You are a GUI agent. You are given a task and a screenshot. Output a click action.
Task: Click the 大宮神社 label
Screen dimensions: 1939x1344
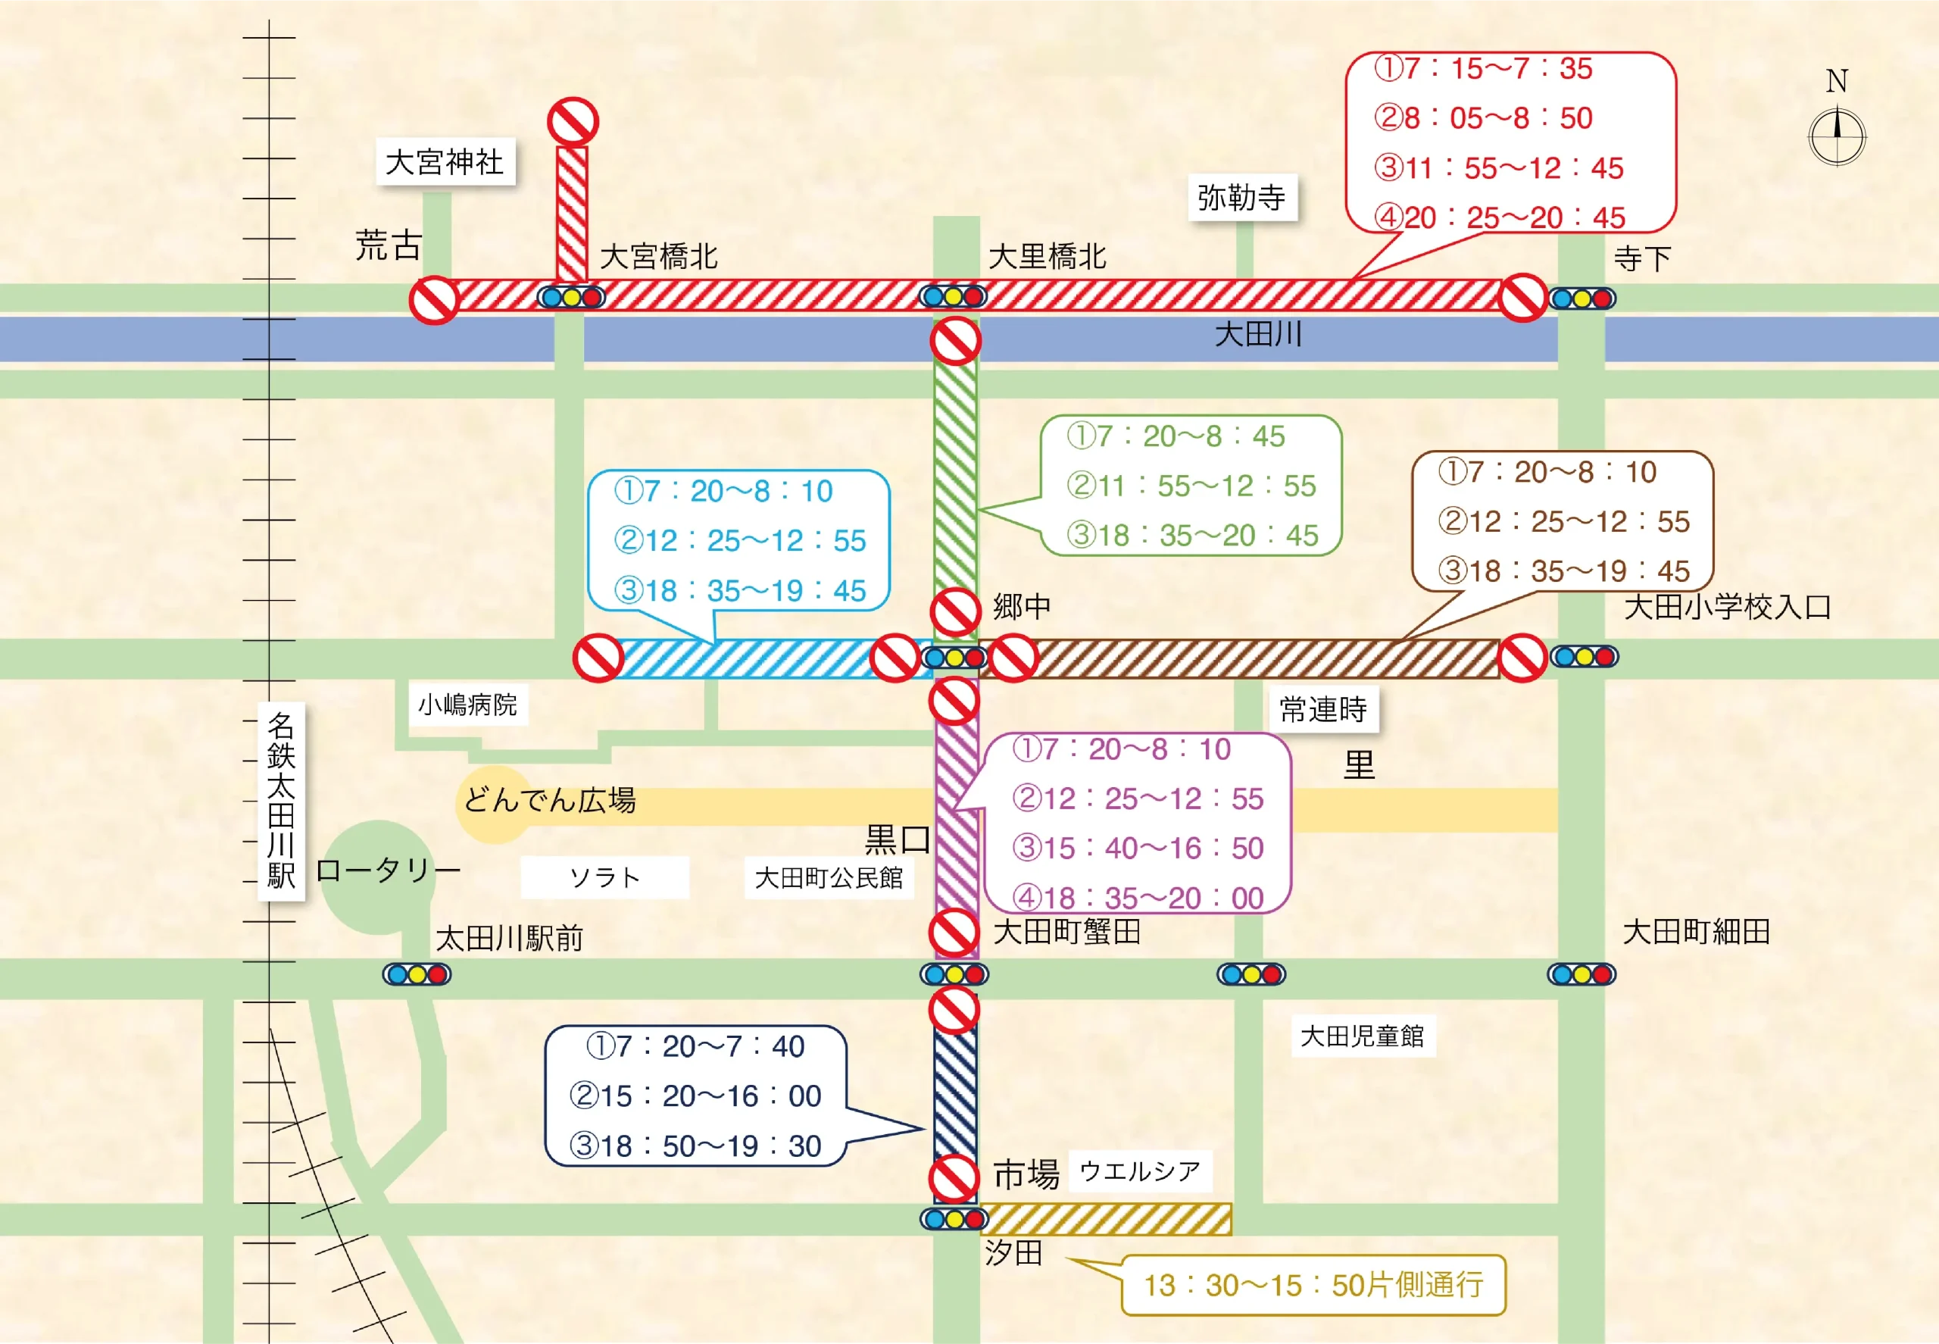point(445,161)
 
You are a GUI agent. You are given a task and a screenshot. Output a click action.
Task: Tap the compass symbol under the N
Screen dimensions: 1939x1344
point(1837,136)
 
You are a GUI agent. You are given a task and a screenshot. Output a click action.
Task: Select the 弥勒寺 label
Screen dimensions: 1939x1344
point(1242,197)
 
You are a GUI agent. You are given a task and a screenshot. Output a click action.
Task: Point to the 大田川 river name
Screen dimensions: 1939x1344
point(1258,334)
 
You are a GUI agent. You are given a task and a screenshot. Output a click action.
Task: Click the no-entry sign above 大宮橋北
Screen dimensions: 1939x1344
point(573,122)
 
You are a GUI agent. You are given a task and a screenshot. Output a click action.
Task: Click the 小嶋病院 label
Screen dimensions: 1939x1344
point(467,704)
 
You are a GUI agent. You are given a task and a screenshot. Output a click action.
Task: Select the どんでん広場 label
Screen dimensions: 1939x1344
point(550,799)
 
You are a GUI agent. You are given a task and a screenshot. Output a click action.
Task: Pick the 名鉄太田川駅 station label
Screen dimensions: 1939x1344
point(280,801)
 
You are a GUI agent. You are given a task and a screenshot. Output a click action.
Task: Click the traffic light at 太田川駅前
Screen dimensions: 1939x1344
point(417,974)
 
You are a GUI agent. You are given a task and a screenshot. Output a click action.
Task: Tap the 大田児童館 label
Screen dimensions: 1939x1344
point(1363,1036)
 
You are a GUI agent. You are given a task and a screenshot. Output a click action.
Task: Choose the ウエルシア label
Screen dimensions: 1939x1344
point(1140,1171)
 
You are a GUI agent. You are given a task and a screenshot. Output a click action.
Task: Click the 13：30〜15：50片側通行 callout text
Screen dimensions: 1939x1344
point(1313,1285)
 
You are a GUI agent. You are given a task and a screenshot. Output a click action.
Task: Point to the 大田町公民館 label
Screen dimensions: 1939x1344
point(829,877)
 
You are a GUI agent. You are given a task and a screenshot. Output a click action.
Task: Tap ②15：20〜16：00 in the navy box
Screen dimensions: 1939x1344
point(695,1096)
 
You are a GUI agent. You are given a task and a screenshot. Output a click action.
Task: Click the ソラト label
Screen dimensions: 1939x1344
point(604,877)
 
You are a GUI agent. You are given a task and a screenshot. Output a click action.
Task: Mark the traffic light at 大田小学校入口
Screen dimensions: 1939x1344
point(1584,656)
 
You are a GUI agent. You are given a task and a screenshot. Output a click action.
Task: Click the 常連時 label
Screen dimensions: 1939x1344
point(1323,710)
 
